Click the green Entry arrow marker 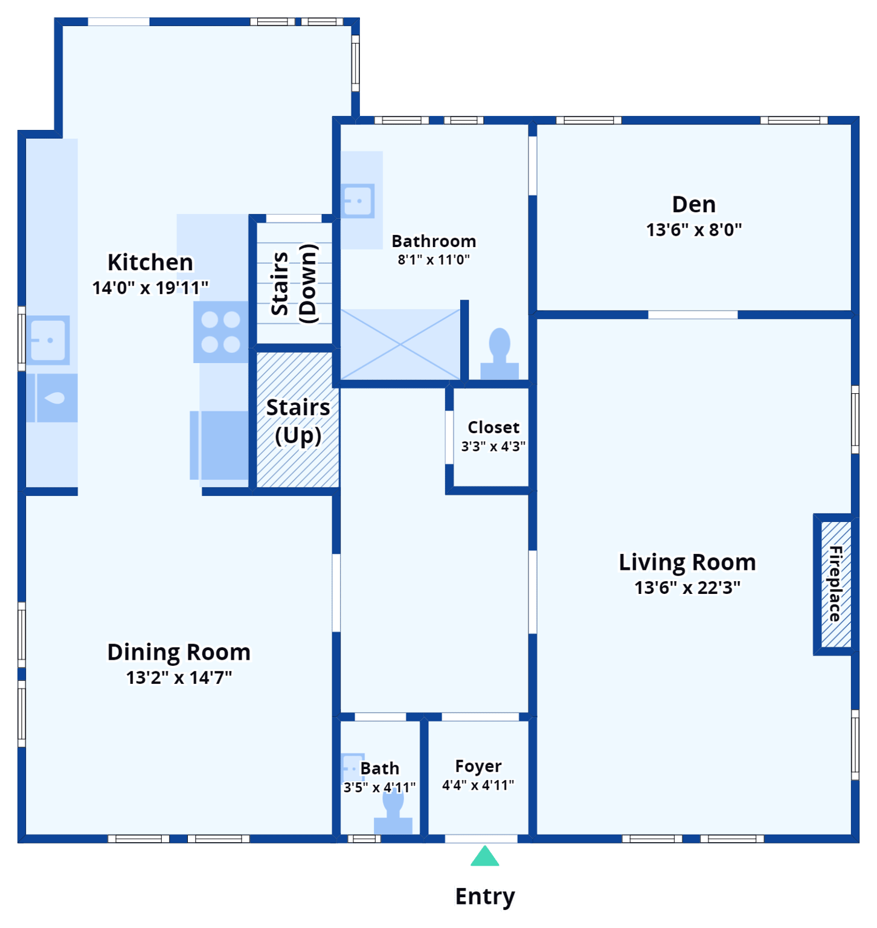point(485,857)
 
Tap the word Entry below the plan point(486,897)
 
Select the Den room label point(693,204)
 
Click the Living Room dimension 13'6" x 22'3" point(687,587)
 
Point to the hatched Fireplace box point(835,584)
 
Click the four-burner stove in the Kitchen point(220,332)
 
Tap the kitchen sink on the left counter point(49,340)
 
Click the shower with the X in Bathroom point(400,345)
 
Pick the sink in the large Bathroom point(358,201)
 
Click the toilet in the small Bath point(393,813)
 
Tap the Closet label point(493,427)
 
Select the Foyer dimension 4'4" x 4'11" point(478,785)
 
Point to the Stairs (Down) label point(294,283)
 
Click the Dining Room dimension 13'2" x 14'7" point(179,677)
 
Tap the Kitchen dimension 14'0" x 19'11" point(150,288)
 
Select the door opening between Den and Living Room point(693,315)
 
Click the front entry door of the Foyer point(481,839)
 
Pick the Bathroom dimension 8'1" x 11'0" point(434,260)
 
